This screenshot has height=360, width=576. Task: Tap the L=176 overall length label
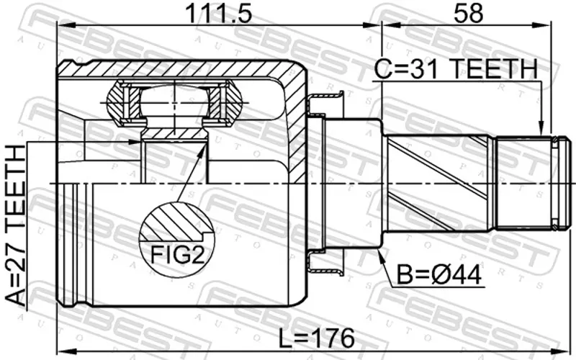tap(317, 338)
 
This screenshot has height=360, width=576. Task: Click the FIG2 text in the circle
tap(176, 255)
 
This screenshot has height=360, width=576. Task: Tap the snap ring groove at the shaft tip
tap(554, 184)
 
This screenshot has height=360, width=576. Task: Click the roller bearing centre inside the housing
tap(174, 103)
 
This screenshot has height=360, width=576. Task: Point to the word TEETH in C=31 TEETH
tap(493, 69)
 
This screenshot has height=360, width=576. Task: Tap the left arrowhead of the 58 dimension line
tap(391, 25)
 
